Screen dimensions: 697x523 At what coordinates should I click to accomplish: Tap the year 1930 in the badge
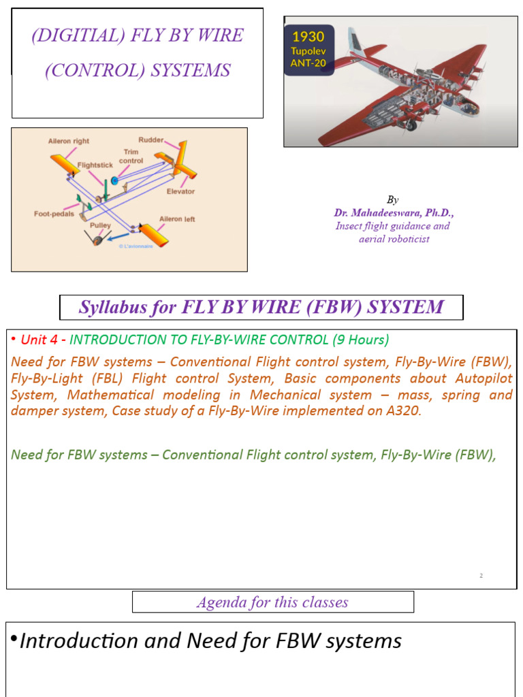tap(308, 37)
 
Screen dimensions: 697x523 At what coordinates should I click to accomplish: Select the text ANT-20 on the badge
tap(308, 63)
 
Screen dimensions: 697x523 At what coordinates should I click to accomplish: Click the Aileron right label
tap(68, 141)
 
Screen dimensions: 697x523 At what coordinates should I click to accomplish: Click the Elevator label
tap(181, 191)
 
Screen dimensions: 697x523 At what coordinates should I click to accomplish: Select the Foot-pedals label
tap(54, 213)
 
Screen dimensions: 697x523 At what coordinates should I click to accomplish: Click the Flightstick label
tap(95, 164)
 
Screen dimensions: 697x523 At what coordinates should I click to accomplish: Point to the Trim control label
tap(131, 157)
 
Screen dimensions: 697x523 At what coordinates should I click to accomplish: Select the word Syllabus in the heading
tap(108, 307)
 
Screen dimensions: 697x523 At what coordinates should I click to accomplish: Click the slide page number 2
tap(481, 576)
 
